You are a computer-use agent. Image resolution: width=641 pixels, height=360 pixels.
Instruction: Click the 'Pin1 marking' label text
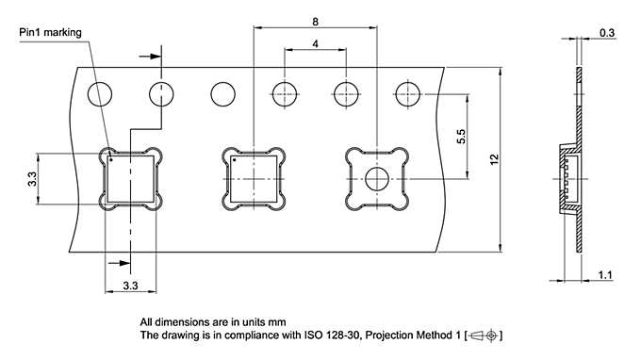tap(51, 32)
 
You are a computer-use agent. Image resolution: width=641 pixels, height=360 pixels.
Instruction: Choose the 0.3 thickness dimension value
tap(608, 33)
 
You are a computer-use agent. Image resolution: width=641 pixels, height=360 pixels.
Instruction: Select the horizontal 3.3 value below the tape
tap(131, 284)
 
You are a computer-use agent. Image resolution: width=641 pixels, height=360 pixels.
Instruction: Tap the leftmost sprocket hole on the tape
tap(101, 94)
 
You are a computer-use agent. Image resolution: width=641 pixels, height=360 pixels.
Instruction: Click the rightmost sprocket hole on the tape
tap(407, 94)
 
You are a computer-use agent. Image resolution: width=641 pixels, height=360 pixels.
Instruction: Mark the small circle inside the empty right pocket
tap(377, 179)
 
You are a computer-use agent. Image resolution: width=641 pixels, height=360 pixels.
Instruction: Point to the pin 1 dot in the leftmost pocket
tap(111, 159)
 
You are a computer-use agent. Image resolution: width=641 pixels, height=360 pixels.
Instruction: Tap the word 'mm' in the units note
tap(276, 321)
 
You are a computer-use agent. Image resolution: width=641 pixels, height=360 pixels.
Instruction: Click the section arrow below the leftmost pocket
tap(119, 264)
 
